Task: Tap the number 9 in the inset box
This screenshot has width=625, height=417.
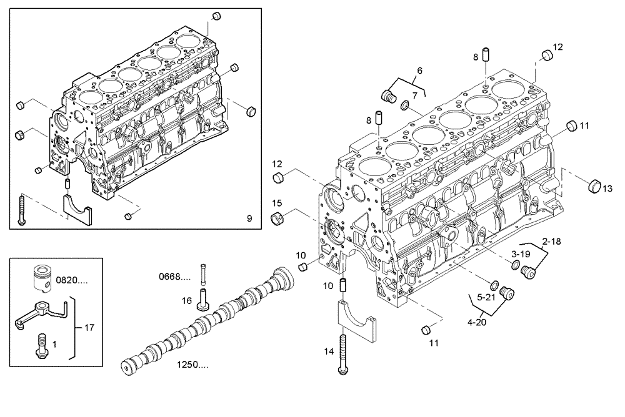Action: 249,218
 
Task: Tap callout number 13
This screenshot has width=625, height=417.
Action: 607,189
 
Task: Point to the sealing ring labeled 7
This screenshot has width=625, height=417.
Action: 404,104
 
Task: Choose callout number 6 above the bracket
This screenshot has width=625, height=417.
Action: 419,71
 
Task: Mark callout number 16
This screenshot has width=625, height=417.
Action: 186,301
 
